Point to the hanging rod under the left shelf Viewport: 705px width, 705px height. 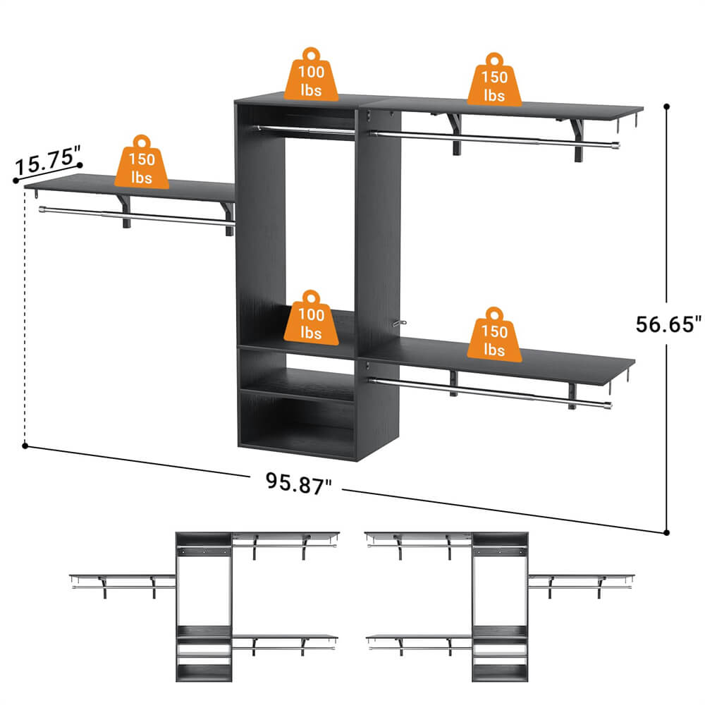[x=134, y=217]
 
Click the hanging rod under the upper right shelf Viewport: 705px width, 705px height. [x=493, y=139]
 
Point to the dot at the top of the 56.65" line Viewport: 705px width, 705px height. [x=666, y=107]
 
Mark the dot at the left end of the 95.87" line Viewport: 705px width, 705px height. [x=25, y=446]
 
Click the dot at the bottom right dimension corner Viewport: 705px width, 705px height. [x=666, y=532]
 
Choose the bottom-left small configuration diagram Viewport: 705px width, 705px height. [x=204, y=606]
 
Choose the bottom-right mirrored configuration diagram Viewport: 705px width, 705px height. [x=501, y=606]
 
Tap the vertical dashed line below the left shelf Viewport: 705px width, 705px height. [x=25, y=317]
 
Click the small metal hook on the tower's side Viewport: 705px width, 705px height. [x=401, y=323]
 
